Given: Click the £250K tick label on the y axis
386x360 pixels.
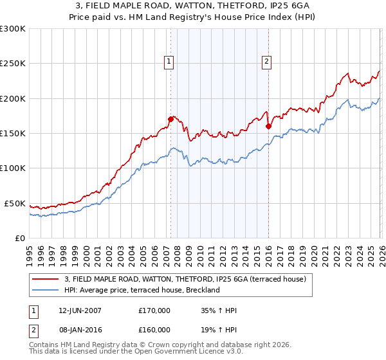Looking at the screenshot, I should click(13, 64).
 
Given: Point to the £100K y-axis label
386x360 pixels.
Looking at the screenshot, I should click(13, 168).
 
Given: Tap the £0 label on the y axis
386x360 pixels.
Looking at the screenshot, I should click(19, 238).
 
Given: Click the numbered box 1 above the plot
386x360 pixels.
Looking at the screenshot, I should click(169, 62).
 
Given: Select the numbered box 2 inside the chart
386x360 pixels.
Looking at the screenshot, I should click(266, 62).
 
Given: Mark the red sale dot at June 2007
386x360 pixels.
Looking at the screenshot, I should click(170, 119).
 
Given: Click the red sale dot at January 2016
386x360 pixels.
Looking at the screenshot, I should click(268, 126).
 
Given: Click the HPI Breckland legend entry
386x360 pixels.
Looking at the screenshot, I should click(142, 290).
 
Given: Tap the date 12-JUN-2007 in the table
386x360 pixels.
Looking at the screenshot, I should click(80, 310).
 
